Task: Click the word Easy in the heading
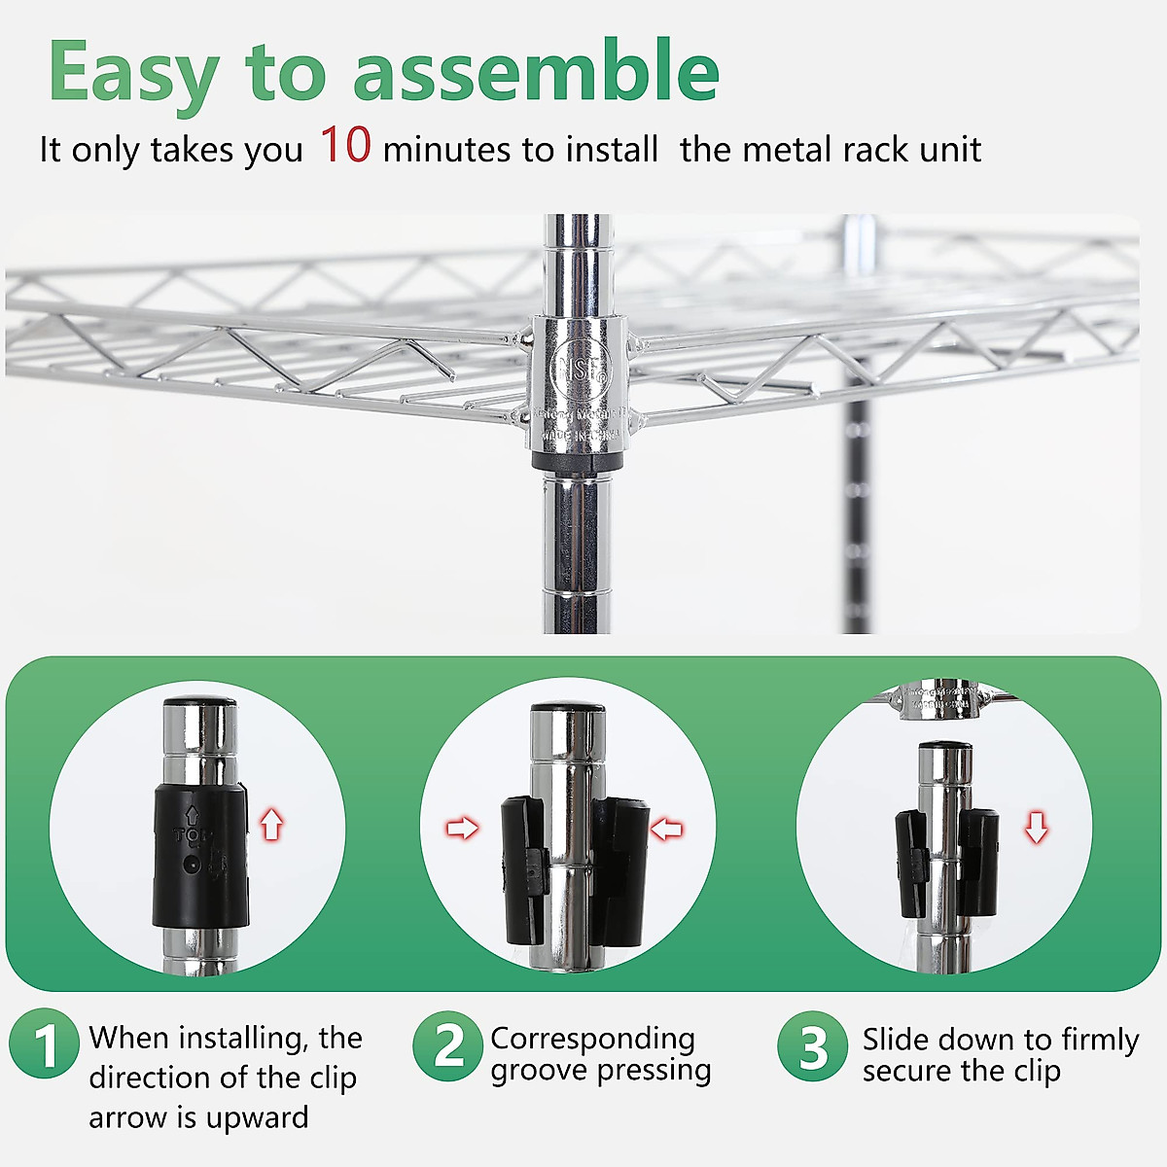coord(133,73)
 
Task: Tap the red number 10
coord(345,145)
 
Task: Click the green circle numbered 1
coord(44,1045)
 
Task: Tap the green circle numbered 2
coord(447,1045)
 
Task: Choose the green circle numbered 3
coord(812,1046)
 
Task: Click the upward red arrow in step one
coord(271,825)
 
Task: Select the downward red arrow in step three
coord(1037,828)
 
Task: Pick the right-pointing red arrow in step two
coord(463,829)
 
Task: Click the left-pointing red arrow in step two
coord(666,830)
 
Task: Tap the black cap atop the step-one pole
coord(199,702)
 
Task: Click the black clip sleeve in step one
coord(200,856)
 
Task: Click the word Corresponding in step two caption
coord(592,1039)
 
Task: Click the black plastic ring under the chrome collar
coord(578,458)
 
